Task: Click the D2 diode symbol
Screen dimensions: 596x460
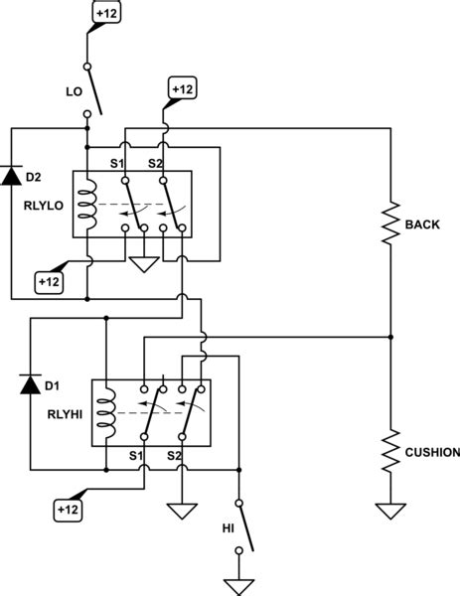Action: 11,177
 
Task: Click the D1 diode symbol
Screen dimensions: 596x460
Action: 31,383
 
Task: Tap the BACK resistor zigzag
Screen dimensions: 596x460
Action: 389,224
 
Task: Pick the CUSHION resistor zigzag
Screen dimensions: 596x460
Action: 389,451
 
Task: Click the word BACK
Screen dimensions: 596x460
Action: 422,224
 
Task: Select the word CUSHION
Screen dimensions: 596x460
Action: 430,452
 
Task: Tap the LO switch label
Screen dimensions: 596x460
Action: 74,90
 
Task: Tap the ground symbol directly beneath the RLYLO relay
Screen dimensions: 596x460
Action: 144,265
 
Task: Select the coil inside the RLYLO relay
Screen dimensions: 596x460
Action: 88,203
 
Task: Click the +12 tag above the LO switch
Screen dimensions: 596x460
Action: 105,14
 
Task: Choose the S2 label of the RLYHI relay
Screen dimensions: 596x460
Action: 175,456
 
